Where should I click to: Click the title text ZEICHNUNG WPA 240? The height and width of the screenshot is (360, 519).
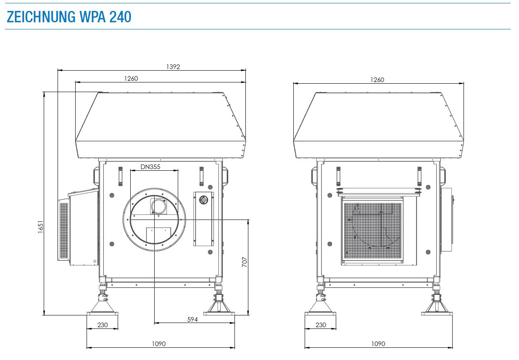pos(69,17)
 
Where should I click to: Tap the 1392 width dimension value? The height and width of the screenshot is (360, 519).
pos(173,67)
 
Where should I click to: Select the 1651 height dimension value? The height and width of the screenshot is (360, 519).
pos(40,227)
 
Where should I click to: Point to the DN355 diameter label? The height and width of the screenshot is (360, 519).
pos(150,167)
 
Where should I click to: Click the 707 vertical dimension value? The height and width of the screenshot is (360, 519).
pos(245,262)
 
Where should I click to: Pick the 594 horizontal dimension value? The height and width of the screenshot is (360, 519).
pos(192,320)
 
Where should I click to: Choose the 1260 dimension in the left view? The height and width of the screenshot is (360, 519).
pos(131,79)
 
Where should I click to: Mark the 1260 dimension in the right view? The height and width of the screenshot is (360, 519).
pos(377,80)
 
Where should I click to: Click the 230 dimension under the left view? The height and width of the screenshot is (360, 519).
pos(103,325)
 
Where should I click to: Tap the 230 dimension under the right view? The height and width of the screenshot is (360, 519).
pos(321,325)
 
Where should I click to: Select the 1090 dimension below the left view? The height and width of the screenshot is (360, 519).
pos(159,344)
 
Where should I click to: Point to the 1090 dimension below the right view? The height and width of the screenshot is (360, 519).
pos(378,344)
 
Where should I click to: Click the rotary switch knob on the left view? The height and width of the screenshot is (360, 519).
pos(203,200)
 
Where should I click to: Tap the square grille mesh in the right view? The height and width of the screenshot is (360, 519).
pos(373,231)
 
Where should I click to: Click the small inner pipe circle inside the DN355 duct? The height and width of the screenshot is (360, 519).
pos(159,206)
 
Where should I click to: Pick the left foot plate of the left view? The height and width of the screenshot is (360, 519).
pos(102,314)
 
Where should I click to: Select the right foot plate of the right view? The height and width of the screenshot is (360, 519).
pos(437,314)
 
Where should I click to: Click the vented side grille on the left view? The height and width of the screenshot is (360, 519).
pos(64,231)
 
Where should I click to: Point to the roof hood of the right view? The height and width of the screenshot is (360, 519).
pos(379,125)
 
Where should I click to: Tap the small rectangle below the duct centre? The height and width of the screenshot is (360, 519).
pos(159,235)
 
